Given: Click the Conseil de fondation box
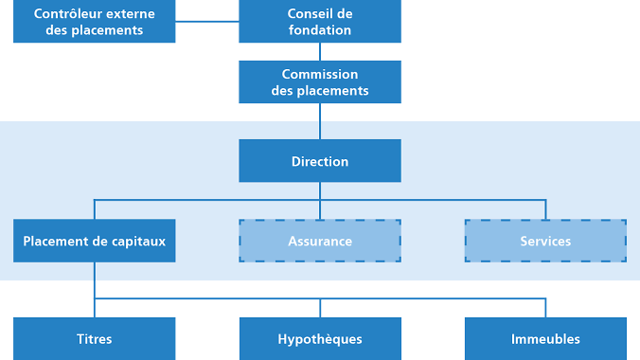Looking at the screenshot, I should click(x=320, y=22).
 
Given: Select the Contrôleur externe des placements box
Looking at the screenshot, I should click(x=95, y=22).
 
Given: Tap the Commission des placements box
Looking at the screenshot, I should click(x=320, y=82).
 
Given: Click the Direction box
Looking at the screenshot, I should click(x=320, y=161).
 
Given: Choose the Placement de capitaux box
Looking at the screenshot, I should click(x=95, y=241).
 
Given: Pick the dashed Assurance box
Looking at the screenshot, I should click(x=320, y=241).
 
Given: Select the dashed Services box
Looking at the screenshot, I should click(x=545, y=241).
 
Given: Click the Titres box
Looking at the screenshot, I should click(x=95, y=338).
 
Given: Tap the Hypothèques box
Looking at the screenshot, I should click(x=320, y=338).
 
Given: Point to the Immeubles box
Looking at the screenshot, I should click(x=545, y=338).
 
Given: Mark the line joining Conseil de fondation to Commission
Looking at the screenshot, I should click(x=320, y=52).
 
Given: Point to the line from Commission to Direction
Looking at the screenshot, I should click(x=320, y=121).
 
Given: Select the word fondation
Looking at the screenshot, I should click(x=320, y=30).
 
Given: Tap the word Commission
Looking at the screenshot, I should click(x=320, y=74).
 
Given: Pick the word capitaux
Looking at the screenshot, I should click(x=138, y=241).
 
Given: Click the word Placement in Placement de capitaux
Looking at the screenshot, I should click(x=56, y=241).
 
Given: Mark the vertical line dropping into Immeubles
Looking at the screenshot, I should click(x=545, y=308).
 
